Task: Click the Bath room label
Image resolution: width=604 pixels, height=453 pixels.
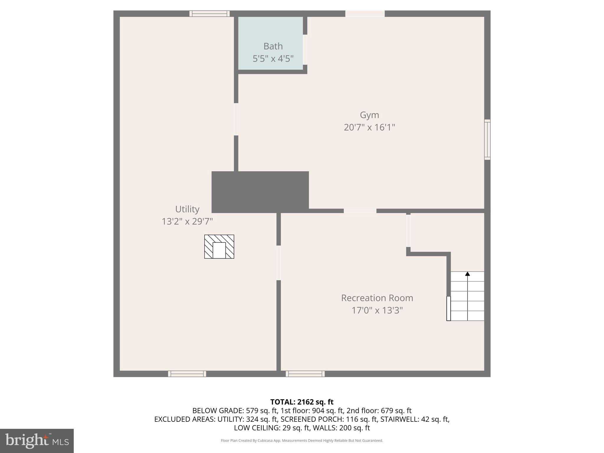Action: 273,46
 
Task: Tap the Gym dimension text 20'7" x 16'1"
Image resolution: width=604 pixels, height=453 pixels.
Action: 369,127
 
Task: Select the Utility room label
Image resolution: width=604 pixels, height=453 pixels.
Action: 187,209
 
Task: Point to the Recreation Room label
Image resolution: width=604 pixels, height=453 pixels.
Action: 377,298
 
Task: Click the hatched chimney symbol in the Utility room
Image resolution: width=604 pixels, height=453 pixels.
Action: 219,247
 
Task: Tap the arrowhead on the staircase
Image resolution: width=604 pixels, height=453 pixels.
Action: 467,274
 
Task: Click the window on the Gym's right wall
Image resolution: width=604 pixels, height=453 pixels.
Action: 487,139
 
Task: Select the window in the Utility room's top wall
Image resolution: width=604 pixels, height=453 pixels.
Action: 209,14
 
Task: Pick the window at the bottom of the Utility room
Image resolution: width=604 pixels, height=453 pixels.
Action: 187,374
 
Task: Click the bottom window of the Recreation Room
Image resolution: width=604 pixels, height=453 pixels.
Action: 305,374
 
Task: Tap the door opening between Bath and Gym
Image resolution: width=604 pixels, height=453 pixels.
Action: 305,50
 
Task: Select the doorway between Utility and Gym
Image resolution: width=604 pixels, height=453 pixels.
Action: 236,119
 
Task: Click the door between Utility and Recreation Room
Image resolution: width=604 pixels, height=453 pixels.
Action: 278,263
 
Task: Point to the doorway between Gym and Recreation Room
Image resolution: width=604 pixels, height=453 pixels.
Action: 360,211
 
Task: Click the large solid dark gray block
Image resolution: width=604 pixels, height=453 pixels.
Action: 260,192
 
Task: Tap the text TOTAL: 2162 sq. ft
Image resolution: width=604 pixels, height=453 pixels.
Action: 302,402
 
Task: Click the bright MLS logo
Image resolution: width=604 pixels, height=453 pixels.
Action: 37,441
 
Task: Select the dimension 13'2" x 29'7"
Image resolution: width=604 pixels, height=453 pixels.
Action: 187,221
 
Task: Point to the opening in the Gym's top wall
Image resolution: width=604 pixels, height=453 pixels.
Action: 365,14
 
